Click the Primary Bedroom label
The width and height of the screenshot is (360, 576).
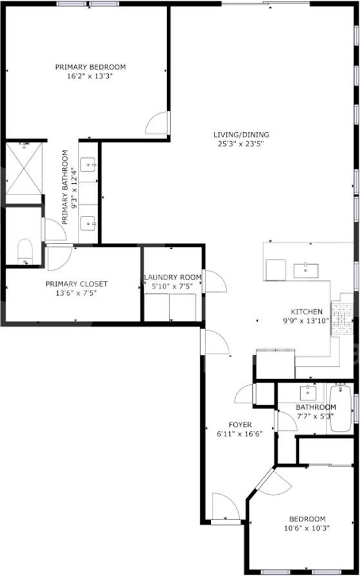pos(90,67)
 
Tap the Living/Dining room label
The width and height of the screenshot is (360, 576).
pos(242,135)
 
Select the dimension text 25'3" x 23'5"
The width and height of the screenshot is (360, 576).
pos(242,144)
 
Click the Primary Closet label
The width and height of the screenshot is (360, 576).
pos(76,283)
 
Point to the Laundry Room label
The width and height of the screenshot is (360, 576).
pos(173,277)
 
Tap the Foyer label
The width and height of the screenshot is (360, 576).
pos(240,425)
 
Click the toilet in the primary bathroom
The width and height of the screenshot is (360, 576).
pos(25,250)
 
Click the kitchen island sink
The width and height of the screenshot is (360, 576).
pos(306,270)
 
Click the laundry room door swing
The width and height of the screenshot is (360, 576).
pos(215,282)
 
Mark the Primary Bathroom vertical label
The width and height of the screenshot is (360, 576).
pos(64,187)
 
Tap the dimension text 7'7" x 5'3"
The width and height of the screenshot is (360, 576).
pos(316,416)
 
